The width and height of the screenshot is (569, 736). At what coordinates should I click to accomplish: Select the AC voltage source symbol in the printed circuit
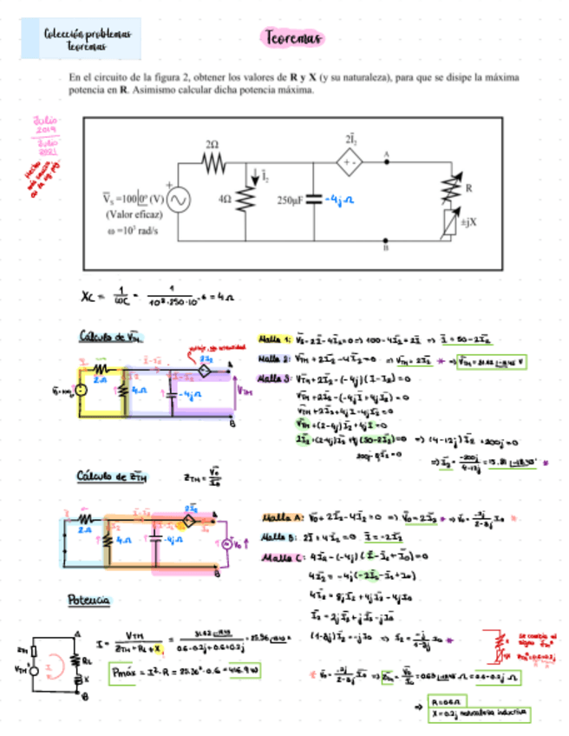click(179, 200)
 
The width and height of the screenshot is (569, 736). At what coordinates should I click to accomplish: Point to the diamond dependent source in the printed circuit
click(352, 161)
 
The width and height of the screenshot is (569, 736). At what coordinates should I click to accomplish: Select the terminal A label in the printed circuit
click(386, 152)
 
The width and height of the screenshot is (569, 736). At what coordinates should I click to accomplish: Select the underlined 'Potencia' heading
click(88, 600)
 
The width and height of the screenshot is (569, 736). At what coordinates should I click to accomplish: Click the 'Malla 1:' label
click(275, 339)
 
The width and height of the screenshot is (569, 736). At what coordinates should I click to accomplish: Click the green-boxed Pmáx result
click(186, 671)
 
